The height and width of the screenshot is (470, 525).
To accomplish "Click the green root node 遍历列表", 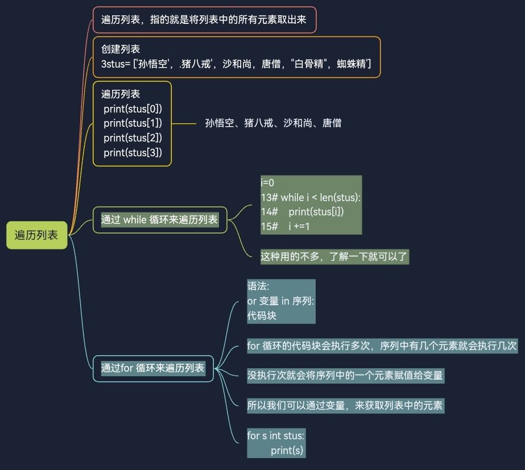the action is tap(36, 235).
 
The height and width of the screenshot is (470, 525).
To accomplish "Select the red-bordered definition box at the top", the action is tap(204, 20).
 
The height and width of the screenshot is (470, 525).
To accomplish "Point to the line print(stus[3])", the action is tap(133, 152).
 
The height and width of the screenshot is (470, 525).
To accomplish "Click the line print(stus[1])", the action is tap(133, 123).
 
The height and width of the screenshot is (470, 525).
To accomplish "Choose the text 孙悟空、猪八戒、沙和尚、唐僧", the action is tap(273, 123).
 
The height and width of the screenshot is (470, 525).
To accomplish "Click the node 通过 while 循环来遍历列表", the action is tap(160, 219).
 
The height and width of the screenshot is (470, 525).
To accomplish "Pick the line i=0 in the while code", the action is tap(268, 183).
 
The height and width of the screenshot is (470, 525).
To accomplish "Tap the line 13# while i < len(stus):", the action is tap(311, 198).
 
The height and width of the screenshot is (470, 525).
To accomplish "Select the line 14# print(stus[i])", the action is tap(303, 212).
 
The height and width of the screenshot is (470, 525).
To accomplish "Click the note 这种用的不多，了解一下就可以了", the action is tap(334, 256).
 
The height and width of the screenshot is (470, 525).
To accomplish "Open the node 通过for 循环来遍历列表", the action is tap(153, 368).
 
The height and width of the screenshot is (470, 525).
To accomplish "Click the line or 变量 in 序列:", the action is tap(281, 301).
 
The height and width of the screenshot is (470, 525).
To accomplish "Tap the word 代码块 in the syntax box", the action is tap(262, 315).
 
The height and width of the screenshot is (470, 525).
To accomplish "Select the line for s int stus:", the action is tap(276, 436).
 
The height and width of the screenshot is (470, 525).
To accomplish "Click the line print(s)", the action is tap(287, 451).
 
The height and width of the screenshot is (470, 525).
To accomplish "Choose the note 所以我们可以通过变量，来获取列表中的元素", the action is tap(345, 405).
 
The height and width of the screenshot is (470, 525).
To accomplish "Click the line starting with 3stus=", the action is tap(236, 64).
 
